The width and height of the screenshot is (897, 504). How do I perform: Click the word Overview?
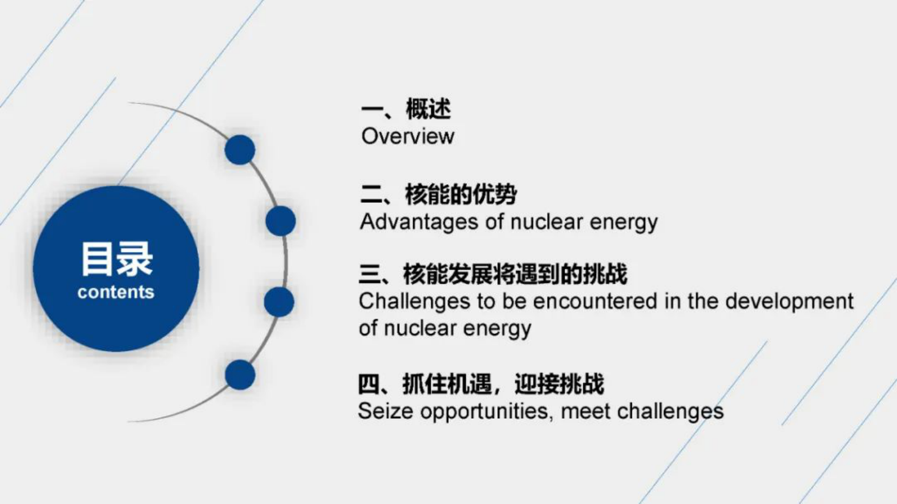[x=408, y=136]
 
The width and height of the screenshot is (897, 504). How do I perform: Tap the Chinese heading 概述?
[x=428, y=109]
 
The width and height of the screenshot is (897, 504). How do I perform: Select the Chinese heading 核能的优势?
[x=461, y=194]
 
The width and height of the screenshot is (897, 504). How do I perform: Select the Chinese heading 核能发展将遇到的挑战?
[x=514, y=275]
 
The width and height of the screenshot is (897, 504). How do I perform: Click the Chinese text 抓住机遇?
[x=447, y=384]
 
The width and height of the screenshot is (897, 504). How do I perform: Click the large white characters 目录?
[x=116, y=259]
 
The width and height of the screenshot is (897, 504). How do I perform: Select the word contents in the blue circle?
[x=116, y=292]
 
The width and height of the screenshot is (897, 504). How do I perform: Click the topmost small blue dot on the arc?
[x=240, y=150]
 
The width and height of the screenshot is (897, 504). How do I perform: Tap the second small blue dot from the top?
[x=280, y=221]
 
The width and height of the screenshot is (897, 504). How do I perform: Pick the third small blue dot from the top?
[x=279, y=302]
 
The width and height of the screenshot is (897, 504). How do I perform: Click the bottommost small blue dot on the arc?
[x=240, y=375]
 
